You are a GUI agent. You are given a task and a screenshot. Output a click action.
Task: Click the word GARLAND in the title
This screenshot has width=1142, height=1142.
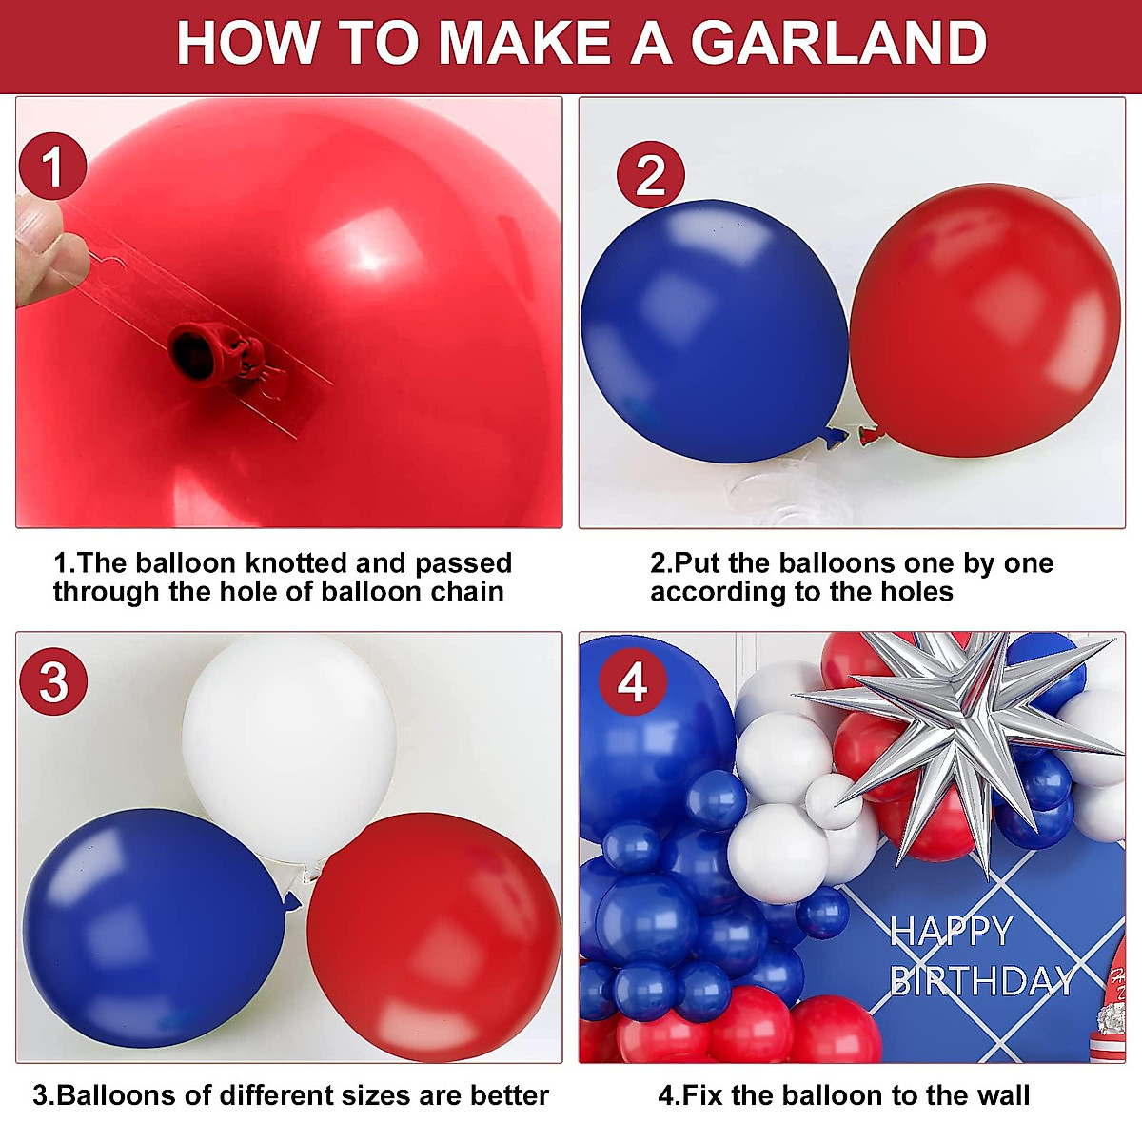(838, 43)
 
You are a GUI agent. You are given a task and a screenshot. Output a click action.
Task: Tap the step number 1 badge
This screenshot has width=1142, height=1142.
(52, 167)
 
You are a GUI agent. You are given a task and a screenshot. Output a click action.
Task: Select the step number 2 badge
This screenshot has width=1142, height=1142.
(650, 175)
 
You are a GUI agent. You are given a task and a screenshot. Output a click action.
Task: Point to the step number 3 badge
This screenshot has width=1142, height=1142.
(53, 681)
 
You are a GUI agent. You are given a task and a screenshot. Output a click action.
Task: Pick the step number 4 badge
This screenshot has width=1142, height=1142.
(633, 682)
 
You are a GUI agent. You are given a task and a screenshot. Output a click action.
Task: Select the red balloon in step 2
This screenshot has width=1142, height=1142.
(985, 319)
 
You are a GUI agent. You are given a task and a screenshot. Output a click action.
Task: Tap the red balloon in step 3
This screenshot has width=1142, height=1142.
(433, 937)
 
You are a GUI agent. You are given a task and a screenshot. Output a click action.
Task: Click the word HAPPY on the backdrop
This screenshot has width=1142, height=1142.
(950, 932)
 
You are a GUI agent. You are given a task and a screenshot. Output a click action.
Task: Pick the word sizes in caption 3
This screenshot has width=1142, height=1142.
(373, 1095)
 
